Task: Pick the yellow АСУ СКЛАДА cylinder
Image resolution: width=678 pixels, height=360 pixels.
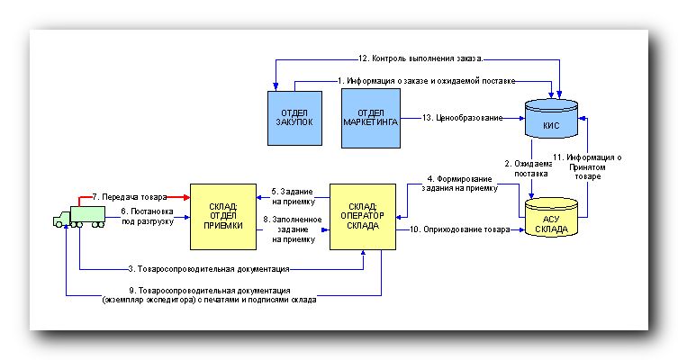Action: [550, 221]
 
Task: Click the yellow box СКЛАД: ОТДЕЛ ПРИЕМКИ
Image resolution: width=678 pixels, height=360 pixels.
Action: [217, 216]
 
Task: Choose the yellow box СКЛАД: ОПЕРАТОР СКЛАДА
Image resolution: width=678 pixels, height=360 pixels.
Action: [362, 216]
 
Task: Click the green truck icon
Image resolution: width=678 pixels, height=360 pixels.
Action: [73, 216]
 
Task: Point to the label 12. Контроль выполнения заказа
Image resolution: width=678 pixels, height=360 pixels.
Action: [420, 58]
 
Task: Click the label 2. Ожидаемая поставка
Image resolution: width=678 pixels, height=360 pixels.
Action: [526, 168]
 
